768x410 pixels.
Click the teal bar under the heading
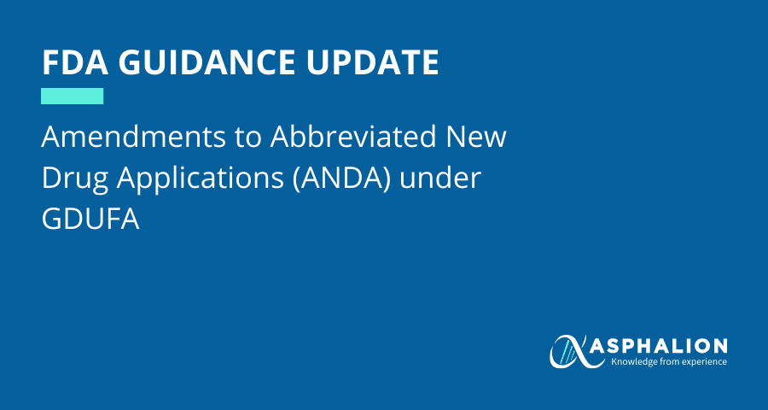pyautogui.click(x=72, y=97)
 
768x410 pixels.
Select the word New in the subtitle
pyautogui.click(x=475, y=138)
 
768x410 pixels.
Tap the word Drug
pyautogui.click(x=74, y=180)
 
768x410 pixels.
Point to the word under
pyautogui.click(x=439, y=179)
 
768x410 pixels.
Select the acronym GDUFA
pyautogui.click(x=90, y=220)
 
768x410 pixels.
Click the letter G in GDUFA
pyautogui.click(x=51, y=220)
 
